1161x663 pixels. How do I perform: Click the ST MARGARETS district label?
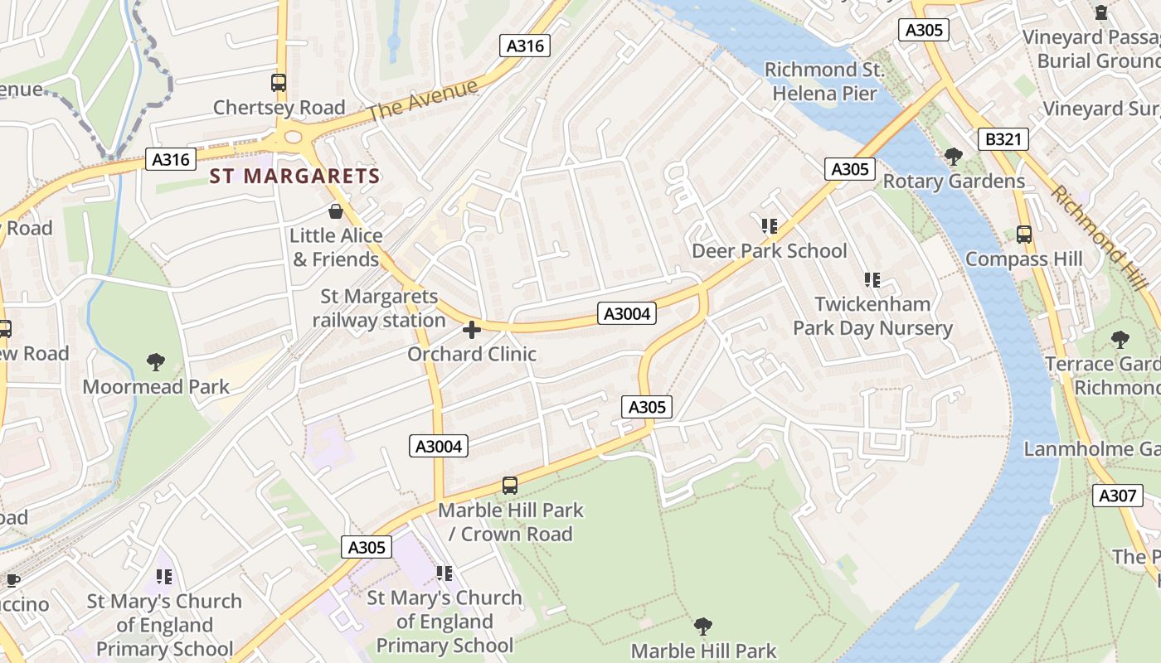click(x=294, y=177)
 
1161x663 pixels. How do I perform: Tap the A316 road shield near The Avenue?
click(x=526, y=46)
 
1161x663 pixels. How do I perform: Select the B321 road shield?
click(x=1003, y=139)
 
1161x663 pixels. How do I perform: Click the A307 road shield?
click(x=1116, y=496)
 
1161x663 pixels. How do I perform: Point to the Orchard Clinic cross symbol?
click(x=472, y=331)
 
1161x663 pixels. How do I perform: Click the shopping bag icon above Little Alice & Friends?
click(x=336, y=211)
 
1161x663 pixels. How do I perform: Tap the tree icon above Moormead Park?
click(x=155, y=361)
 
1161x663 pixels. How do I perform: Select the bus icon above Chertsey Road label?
click(x=279, y=83)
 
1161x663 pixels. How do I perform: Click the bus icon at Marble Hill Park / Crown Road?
click(x=510, y=486)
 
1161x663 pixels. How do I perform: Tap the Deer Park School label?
click(x=769, y=251)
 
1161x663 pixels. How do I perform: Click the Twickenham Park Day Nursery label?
click(x=872, y=317)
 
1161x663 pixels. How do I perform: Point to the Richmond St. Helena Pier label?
click(x=823, y=81)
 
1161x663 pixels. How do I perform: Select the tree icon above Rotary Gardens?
click(x=954, y=156)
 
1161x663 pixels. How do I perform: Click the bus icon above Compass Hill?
click(x=1024, y=235)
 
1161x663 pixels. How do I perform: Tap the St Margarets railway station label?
click(x=379, y=308)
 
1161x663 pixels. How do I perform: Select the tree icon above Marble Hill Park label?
click(x=703, y=626)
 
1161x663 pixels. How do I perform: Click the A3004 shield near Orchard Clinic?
click(x=627, y=314)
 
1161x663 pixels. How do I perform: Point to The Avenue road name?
click(x=424, y=99)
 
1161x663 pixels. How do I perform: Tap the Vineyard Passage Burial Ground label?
click(x=1091, y=49)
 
